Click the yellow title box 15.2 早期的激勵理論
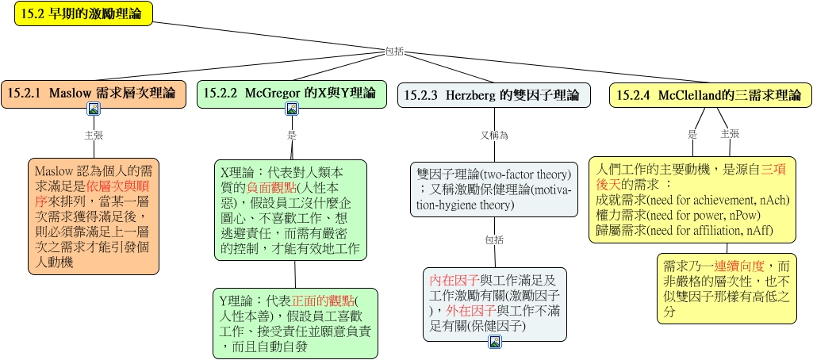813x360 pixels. (83, 14)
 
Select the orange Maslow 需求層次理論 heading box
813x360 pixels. (94, 94)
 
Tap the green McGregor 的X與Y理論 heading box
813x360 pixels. (291, 94)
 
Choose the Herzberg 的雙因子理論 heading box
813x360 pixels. (494, 95)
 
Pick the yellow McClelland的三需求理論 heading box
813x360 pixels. (711, 95)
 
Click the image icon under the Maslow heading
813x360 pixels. (94, 109)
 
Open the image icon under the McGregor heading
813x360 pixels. (292, 109)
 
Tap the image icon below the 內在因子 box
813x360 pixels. (495, 342)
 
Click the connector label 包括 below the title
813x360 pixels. (394, 52)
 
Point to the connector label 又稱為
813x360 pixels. (494, 136)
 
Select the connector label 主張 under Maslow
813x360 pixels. (94, 135)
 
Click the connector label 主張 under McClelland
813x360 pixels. (730, 134)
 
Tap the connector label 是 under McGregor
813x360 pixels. (292, 135)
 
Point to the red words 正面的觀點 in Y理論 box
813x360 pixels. (323, 301)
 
